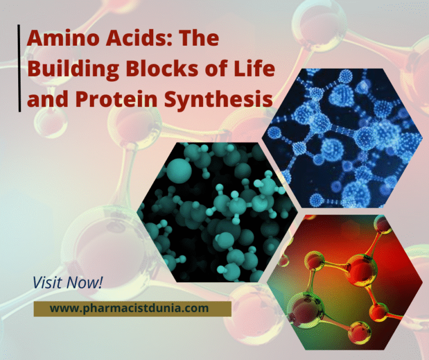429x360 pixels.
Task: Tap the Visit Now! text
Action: [67, 282]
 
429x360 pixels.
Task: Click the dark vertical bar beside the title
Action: [20, 69]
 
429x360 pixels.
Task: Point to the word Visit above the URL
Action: [47, 282]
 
